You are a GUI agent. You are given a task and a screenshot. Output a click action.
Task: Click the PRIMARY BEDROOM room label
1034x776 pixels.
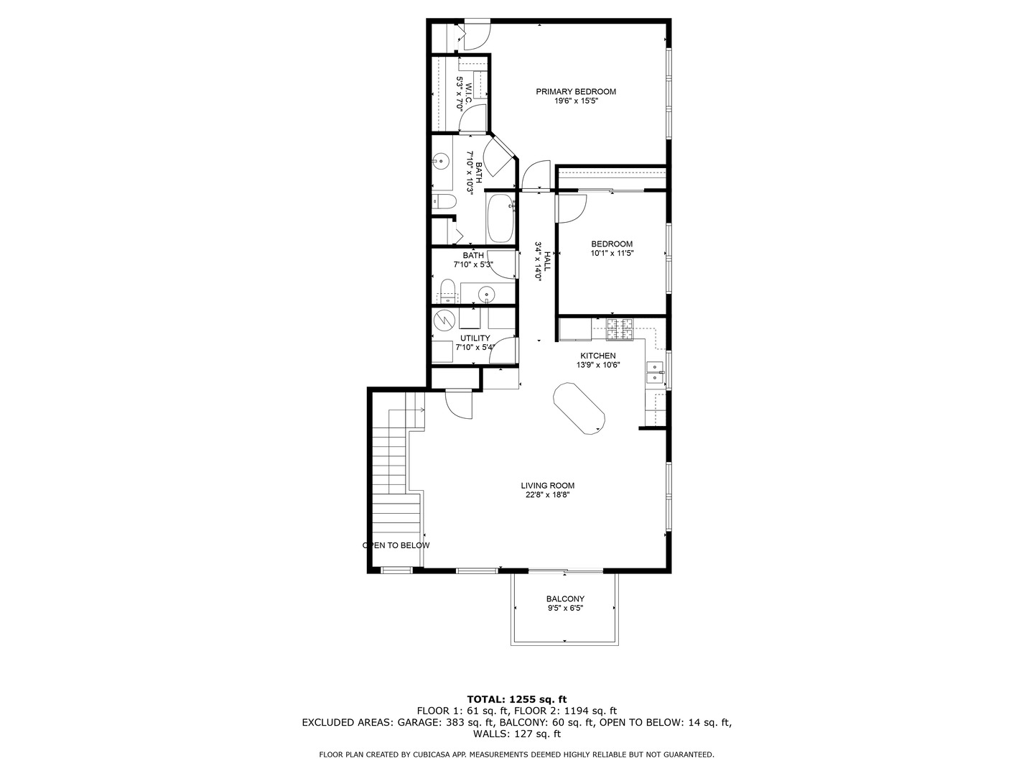576,91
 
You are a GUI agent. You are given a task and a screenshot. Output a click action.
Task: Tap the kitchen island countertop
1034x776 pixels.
579,408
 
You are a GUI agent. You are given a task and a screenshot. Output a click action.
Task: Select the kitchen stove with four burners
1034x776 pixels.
620,329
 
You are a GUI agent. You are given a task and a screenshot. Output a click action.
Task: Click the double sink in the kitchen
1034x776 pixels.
655,371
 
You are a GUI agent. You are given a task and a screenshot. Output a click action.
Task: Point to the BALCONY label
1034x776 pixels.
565,599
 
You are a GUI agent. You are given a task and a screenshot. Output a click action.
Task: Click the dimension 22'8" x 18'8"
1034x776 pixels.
547,494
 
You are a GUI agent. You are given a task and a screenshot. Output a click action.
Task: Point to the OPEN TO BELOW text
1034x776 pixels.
396,545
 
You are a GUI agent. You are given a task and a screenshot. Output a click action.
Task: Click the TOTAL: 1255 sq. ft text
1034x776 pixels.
516,699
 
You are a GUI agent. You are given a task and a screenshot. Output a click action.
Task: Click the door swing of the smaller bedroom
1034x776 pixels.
571,208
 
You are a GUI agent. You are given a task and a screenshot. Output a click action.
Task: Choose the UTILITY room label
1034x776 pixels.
475,338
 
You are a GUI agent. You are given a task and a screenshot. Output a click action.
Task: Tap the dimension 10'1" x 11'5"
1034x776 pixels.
612,253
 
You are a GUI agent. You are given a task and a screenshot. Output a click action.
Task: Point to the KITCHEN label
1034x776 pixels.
597,356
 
